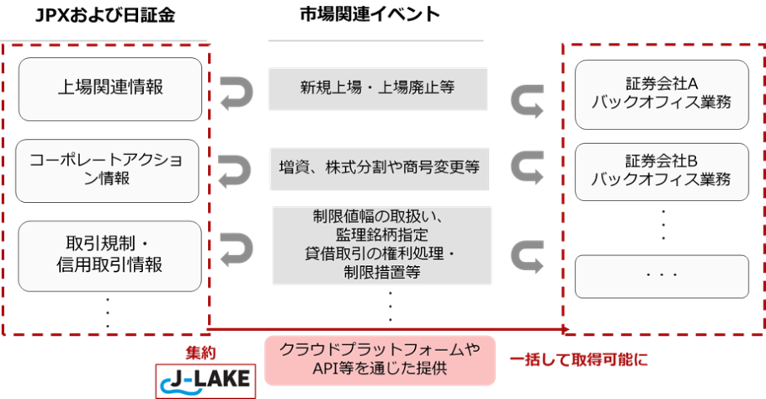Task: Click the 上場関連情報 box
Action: [109, 88]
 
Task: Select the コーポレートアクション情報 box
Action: [109, 169]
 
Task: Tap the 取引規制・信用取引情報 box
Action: [109, 253]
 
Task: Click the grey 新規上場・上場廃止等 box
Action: [377, 88]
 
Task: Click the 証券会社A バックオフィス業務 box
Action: [661, 94]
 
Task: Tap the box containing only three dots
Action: [661, 275]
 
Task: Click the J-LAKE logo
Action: [206, 380]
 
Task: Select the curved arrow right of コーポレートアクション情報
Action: [234, 170]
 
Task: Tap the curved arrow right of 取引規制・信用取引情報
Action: [235, 249]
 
